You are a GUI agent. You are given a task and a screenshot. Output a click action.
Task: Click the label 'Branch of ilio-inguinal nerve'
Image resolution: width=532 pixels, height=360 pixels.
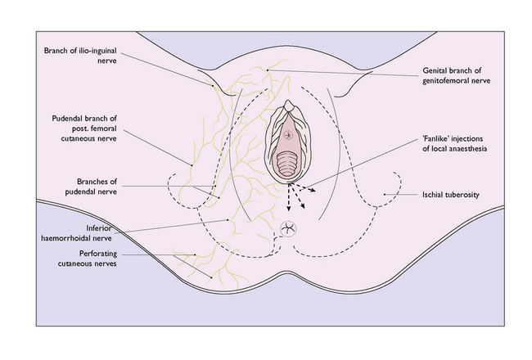tap(80, 56)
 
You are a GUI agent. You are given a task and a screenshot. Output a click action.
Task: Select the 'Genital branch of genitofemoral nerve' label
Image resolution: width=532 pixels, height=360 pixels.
tap(457, 75)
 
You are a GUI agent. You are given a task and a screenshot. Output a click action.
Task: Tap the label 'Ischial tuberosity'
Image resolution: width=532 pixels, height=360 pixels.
tap(451, 195)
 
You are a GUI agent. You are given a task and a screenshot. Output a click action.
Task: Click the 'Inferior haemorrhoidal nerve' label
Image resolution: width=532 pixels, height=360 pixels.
tap(76, 233)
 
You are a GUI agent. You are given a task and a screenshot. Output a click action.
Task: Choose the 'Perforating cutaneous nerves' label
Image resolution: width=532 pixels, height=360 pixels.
tap(88, 259)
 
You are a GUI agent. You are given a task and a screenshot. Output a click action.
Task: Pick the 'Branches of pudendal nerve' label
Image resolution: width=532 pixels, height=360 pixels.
tap(91, 187)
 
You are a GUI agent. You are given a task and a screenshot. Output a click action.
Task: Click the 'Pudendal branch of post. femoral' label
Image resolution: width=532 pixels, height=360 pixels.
tap(84, 124)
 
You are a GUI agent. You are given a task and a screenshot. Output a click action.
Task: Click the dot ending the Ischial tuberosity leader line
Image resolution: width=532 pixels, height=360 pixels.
tap(385, 195)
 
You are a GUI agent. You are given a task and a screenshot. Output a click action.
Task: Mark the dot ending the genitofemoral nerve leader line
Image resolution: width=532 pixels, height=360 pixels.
tap(268, 70)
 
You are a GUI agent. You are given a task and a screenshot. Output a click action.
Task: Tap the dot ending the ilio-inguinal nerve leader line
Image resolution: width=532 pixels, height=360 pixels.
tap(213, 86)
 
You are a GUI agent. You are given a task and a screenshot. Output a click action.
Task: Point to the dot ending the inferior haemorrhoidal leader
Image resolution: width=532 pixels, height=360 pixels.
tap(228, 220)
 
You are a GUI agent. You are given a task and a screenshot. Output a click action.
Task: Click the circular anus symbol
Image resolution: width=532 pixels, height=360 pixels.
tap(288, 229)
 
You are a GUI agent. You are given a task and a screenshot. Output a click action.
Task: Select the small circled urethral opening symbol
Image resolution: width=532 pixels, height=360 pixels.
tap(288, 135)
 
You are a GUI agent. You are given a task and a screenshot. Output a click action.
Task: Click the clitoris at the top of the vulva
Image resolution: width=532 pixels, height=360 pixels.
tap(288, 106)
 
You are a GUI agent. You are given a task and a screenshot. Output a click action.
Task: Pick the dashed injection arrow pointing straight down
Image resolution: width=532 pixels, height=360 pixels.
tap(289, 198)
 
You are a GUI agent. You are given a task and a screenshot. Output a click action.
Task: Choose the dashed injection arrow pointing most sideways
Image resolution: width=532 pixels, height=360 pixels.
tap(304, 187)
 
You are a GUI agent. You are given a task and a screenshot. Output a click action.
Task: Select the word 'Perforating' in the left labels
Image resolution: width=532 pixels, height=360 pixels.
tap(98, 254)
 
